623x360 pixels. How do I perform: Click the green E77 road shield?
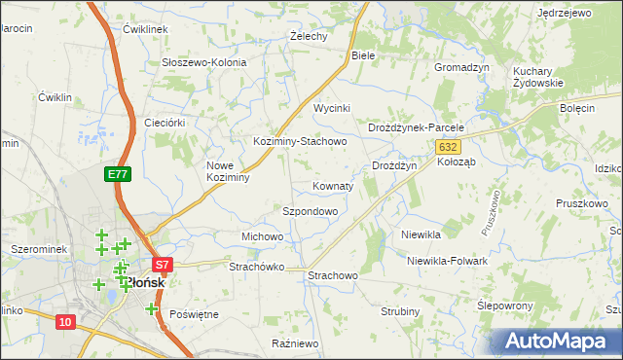(x=117, y=174)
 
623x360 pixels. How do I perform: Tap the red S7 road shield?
(x=163, y=264)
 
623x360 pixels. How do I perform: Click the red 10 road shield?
(x=65, y=322)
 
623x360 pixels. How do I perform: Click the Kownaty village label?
(x=334, y=185)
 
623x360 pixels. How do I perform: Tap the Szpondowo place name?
(x=310, y=211)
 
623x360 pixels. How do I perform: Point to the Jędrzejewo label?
(x=565, y=14)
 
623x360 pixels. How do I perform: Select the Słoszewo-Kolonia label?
(x=204, y=62)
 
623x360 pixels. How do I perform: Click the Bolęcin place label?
(x=577, y=108)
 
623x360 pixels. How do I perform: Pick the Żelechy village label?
(x=309, y=36)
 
